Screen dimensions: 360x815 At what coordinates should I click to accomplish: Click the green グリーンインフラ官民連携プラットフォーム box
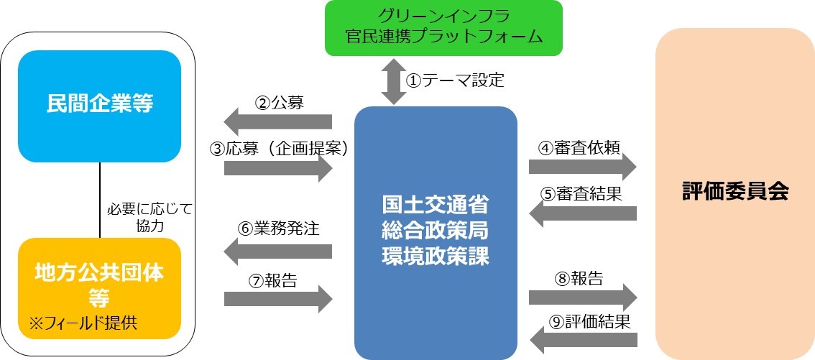point(443,27)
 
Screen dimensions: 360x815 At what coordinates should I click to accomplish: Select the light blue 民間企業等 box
point(99,106)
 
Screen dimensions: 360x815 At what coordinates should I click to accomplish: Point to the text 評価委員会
point(735,192)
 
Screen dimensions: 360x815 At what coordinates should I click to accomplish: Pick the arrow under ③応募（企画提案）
point(279,169)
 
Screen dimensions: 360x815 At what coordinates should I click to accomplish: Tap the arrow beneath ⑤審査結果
point(582,213)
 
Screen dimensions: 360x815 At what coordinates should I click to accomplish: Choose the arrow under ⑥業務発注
point(278,251)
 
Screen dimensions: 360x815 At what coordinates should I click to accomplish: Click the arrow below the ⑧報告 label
point(582,297)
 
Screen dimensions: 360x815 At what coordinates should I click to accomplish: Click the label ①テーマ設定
point(455,80)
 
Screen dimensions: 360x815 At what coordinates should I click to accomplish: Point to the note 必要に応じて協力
point(149,217)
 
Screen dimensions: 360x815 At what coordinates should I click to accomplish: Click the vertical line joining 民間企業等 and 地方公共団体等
point(99,200)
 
